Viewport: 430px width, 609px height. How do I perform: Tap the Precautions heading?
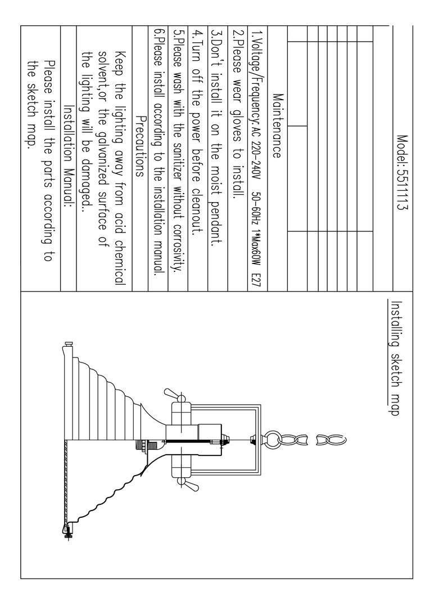[141, 146]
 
